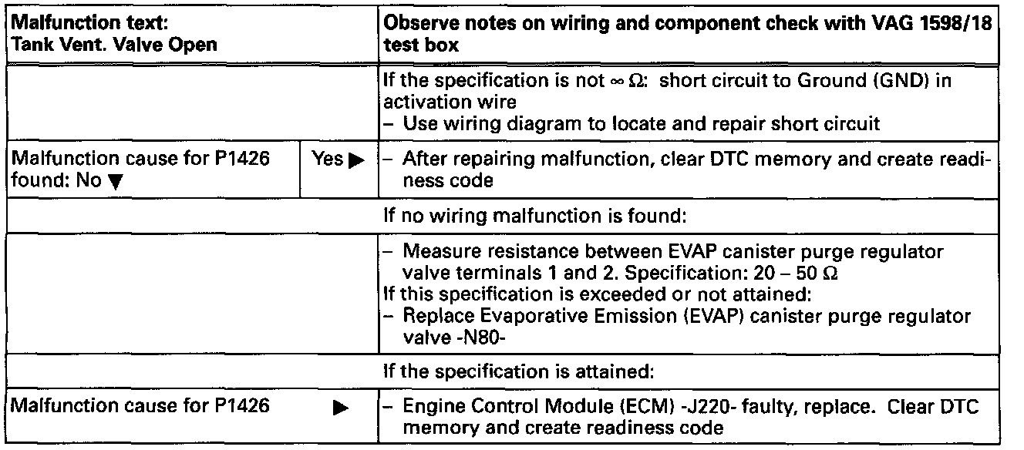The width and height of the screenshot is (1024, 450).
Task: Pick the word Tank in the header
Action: (x=26, y=44)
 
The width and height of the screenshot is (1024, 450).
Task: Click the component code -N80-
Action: (x=445, y=340)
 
